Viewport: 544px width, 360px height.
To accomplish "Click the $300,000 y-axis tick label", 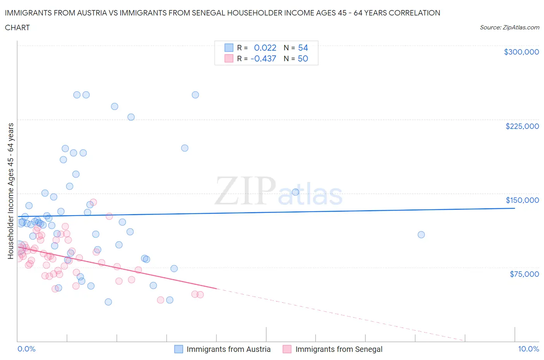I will pos(521,52).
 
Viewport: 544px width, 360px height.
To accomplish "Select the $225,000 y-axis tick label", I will pos(522,126).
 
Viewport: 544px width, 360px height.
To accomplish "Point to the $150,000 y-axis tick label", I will pos(522,200).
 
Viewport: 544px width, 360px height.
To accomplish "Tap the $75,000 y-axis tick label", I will pos(524,274).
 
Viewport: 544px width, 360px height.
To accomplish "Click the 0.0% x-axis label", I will pos(26,349).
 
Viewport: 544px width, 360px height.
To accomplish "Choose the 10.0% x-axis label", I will pos(528,349).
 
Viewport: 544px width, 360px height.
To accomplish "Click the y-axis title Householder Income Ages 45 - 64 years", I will pos(10,191).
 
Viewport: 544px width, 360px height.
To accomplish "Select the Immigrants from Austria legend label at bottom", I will pos(228,349).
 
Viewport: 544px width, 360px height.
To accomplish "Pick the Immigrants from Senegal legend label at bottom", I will pos(339,349).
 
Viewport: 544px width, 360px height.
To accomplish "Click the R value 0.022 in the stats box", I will pos(265,48).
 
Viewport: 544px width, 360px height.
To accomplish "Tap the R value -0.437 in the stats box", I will pos(263,58).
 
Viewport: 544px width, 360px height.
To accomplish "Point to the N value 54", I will pos(303,48).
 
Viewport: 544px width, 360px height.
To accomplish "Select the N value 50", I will pos(303,58).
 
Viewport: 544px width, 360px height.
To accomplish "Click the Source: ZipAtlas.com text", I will pos(509,27).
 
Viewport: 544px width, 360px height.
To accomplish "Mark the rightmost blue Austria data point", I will pos(421,235).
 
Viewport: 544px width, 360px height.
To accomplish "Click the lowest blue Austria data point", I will pos(108,302).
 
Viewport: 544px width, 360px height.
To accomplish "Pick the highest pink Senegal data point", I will pos(93,202).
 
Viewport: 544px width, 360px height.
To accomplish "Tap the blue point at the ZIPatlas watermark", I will pos(296,192).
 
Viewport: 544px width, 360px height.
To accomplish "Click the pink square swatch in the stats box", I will pos(229,58).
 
